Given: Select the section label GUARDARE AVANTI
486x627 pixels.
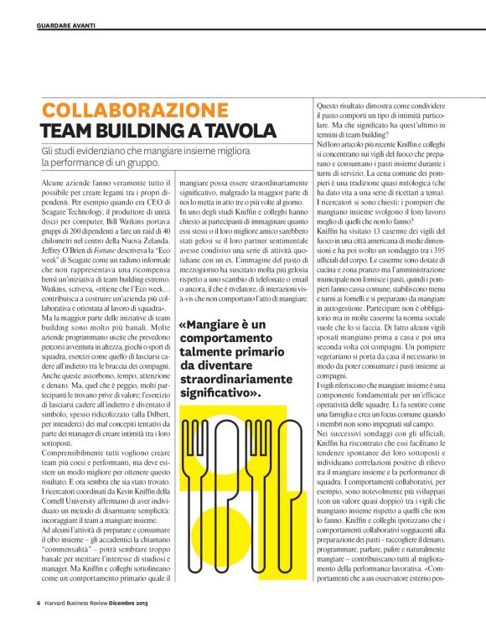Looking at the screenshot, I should pos(66,26).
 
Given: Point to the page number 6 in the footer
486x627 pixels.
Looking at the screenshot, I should pos(39,603).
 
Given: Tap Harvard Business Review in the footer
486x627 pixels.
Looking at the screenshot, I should pos(76,603).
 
